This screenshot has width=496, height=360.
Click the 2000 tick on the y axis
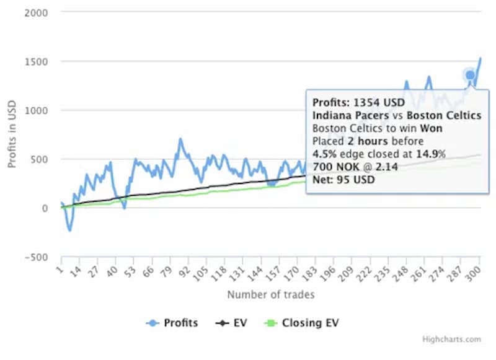pos(37,12)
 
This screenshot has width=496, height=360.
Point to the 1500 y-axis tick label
pos(37,61)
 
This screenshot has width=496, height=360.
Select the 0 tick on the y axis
pos(44,208)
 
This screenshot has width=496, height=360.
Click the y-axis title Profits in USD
pos(12,135)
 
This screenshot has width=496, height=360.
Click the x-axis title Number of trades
pos(270,294)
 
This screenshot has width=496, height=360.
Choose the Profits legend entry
pos(173,323)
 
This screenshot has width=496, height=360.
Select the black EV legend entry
pos(231,323)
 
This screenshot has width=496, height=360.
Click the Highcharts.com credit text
pos(451,340)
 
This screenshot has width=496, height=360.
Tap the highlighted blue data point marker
pos(470,75)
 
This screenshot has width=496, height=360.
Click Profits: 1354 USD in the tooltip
pos(358,102)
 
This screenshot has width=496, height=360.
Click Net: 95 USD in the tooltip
pos(343,180)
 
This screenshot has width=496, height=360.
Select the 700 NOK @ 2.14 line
pos(355,167)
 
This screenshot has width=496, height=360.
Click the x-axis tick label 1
pos(60,271)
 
